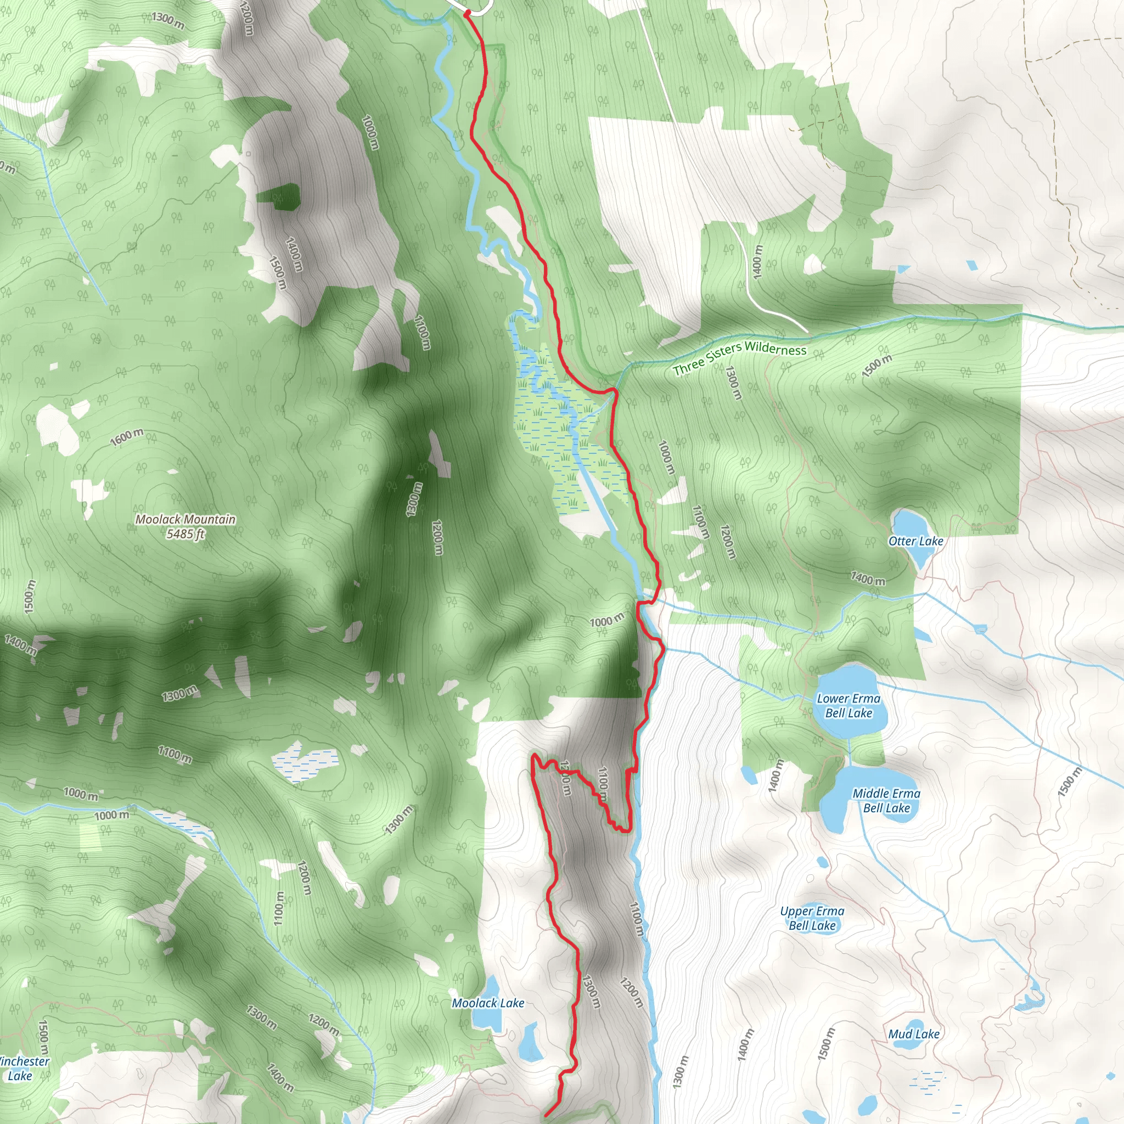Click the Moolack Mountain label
185,519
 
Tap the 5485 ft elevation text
185,533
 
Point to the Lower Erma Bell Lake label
848,705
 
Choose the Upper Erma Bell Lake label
812,918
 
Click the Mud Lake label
913,1034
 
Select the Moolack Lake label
487,1003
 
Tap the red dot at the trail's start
467,12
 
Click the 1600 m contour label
127,437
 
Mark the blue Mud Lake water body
914,1025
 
